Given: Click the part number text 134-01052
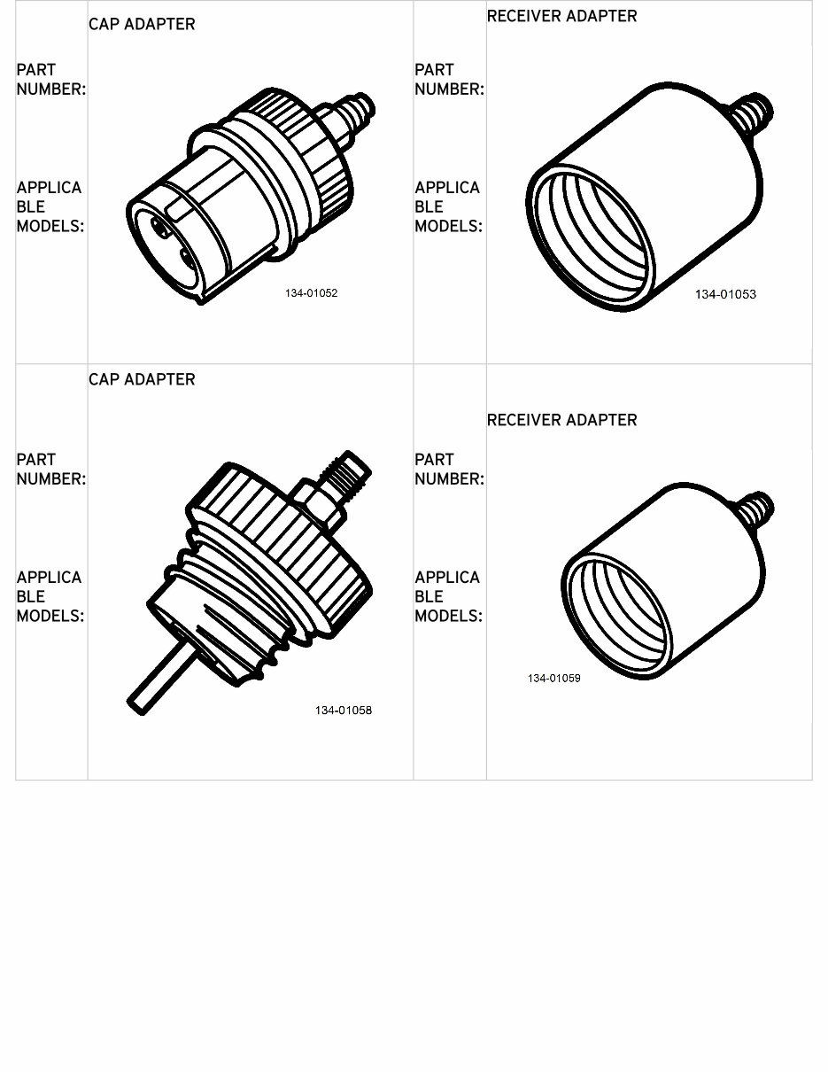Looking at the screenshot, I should click(x=311, y=293).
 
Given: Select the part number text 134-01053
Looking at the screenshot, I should click(x=725, y=294).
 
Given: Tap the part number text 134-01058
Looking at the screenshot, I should click(x=343, y=710).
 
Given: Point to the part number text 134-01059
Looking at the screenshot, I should click(x=553, y=678).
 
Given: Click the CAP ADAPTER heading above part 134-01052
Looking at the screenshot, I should click(x=142, y=24).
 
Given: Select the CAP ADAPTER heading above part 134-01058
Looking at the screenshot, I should click(x=142, y=379).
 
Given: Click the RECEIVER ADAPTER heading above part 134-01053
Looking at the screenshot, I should click(x=561, y=16).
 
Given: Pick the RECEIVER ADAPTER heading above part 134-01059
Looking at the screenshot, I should click(x=561, y=420).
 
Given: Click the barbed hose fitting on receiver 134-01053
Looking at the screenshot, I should click(x=754, y=113).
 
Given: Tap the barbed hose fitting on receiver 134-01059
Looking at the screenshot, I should click(x=755, y=510).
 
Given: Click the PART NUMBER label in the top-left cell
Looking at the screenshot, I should click(x=50, y=79).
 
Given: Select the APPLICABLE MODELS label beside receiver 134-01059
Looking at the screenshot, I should click(x=448, y=596).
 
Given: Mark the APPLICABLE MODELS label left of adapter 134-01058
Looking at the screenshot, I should click(x=50, y=596).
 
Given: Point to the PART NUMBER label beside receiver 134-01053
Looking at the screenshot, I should click(x=449, y=79).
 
